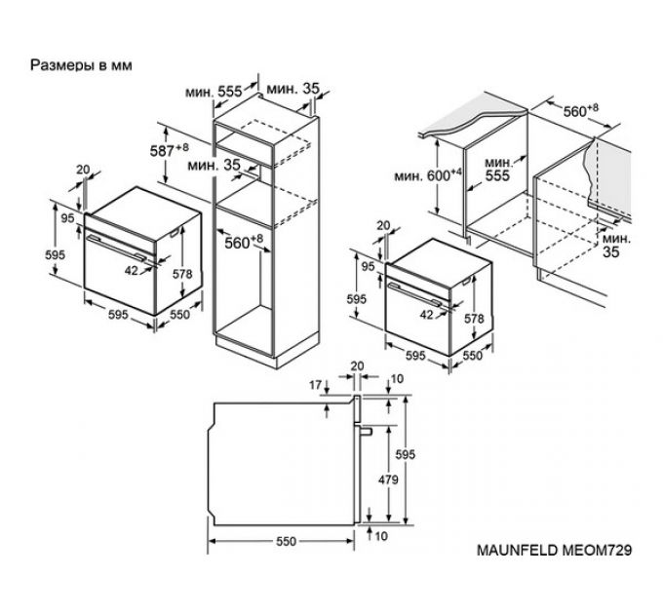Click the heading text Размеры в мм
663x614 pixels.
click(82, 65)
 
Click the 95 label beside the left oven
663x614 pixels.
click(67, 219)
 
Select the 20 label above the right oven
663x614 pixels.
click(382, 225)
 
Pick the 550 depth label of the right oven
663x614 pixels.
click(472, 357)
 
